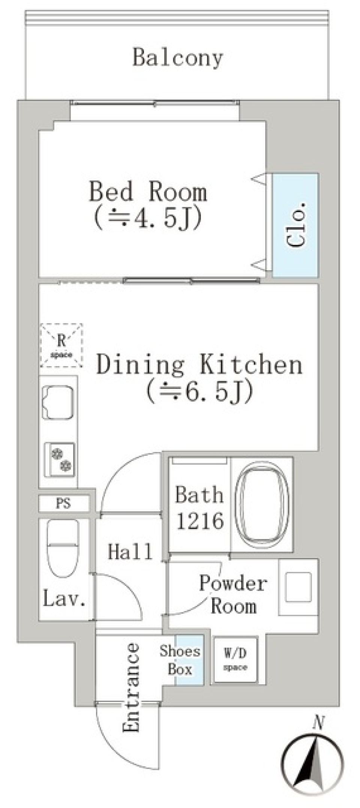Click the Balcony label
coord(178,58)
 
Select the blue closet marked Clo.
coord(295,225)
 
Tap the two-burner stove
coord(59,460)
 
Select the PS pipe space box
coord(64,503)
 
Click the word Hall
coord(130,552)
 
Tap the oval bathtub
coord(261,504)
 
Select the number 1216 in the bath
coord(200,521)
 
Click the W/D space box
coord(235,660)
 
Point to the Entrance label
coord(131,687)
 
